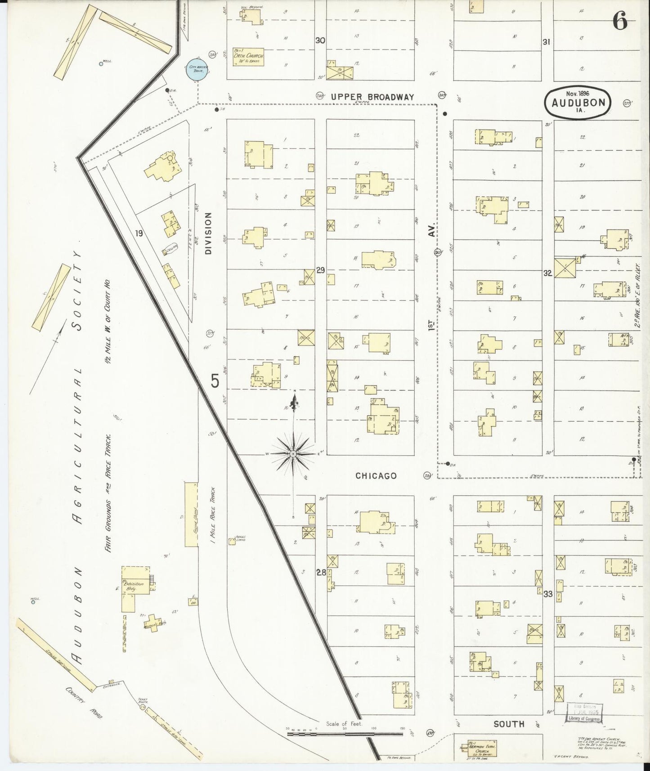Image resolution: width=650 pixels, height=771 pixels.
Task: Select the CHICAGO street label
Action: point(376,475)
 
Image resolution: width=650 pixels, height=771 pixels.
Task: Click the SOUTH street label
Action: point(509,724)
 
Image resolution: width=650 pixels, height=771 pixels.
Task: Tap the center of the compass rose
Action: point(293,454)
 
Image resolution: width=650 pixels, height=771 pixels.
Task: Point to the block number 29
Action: point(320,270)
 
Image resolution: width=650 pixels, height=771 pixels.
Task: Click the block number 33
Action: point(547,594)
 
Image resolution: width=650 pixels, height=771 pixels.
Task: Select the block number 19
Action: point(139,233)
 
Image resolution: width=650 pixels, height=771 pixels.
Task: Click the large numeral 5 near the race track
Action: point(215,381)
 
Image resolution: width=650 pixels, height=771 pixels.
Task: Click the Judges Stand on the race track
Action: point(232,541)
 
